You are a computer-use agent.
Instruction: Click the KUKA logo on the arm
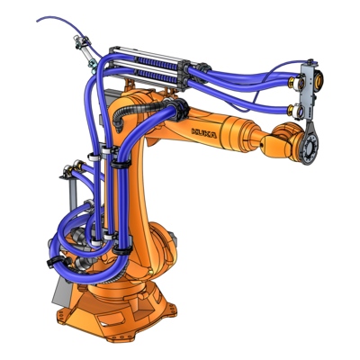click(203, 133)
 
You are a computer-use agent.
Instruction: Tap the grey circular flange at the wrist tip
click(309, 147)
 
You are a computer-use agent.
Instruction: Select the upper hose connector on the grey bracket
click(295, 82)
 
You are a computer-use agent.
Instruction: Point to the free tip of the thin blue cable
click(37, 21)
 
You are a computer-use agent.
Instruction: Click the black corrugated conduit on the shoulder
click(137, 110)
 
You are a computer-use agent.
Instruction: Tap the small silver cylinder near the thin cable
click(86, 53)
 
